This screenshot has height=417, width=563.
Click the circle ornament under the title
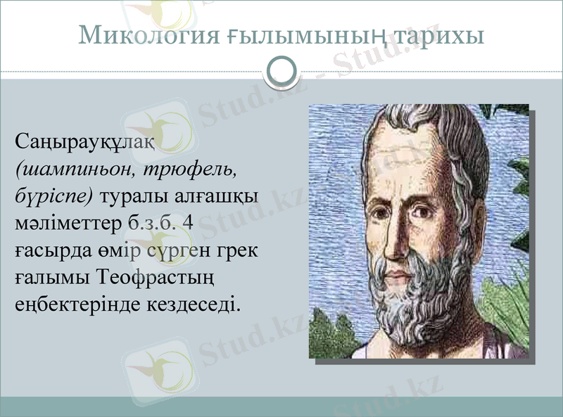(281, 72)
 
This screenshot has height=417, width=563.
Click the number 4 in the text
(186, 224)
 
